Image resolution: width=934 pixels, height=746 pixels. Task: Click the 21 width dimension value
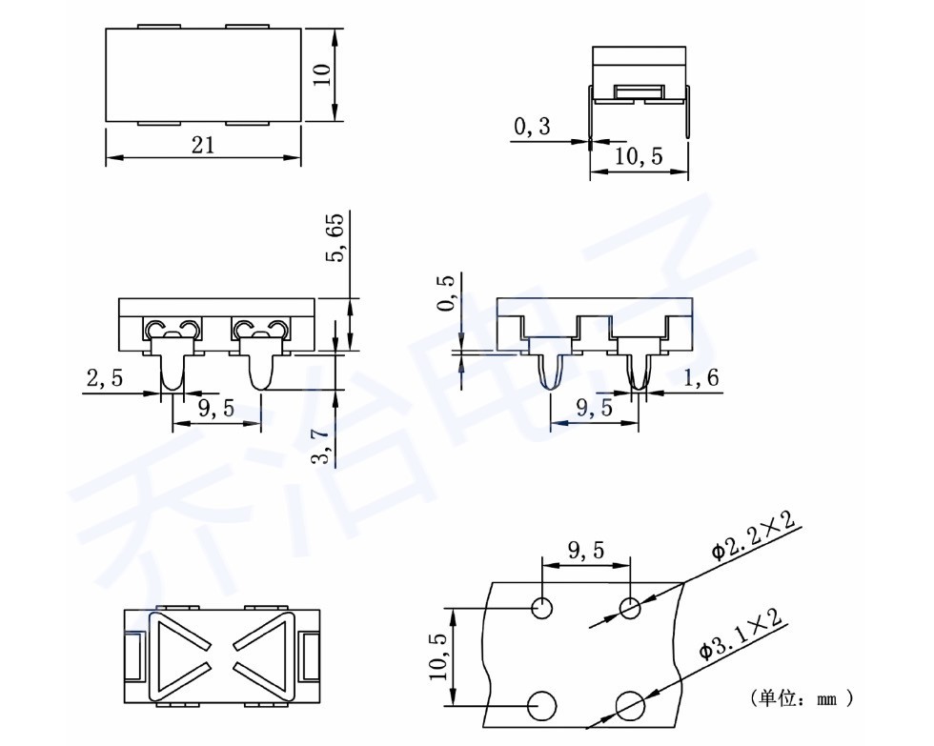(202, 145)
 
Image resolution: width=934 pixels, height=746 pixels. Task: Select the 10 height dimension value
(322, 74)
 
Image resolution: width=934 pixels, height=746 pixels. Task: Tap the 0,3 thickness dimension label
(533, 126)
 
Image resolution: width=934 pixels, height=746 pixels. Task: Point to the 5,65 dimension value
(335, 237)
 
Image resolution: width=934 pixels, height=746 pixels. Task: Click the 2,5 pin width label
(105, 377)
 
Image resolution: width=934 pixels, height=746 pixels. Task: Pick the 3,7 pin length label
(321, 447)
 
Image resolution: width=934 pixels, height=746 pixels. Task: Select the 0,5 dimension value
(446, 292)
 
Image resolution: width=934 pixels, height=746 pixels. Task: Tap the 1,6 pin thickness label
(700, 377)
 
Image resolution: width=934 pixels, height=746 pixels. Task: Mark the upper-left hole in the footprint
(542, 608)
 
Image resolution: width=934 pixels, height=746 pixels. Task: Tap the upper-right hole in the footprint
(630, 609)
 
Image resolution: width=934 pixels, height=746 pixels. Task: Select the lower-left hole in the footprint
(542, 707)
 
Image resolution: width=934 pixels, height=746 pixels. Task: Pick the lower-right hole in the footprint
(630, 707)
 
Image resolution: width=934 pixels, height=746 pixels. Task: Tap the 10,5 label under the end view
(639, 156)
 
